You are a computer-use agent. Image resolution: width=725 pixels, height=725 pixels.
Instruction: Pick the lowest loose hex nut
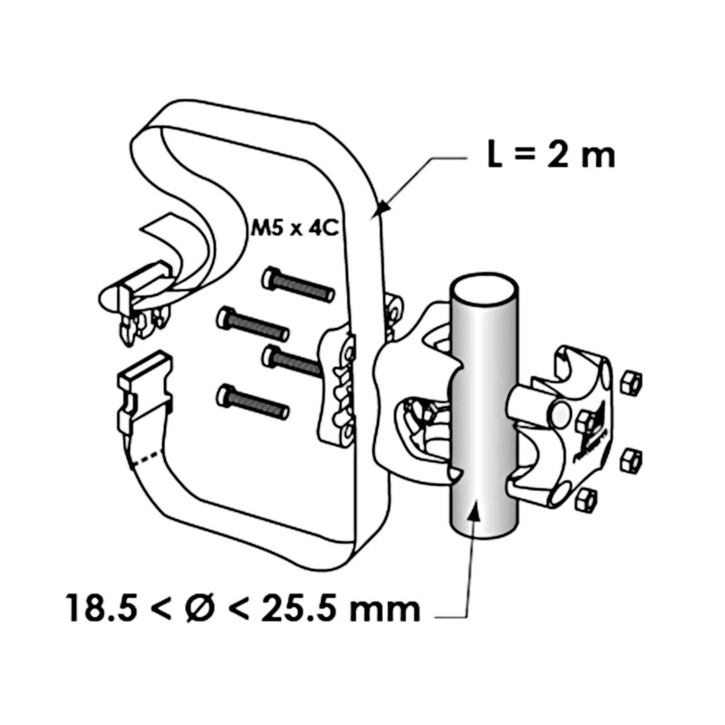coord(586,498)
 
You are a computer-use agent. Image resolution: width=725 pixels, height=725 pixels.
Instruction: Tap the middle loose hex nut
coord(628,459)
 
